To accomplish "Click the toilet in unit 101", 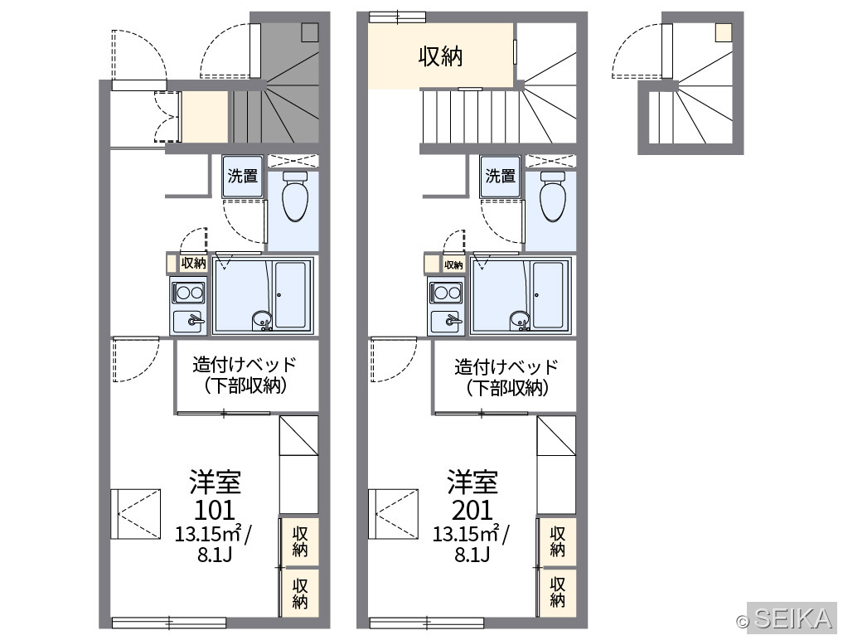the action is coord(294,196).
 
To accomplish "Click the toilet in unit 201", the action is coord(552,196).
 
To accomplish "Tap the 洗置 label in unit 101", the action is coord(243,176).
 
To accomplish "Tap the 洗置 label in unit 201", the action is coord(501,176).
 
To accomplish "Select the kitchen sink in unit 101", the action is coord(187,321).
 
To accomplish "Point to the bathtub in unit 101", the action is coord(291,294).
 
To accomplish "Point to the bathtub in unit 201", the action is coord(549,294).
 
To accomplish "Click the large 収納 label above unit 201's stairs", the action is coord(440,56).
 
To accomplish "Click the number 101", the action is coord(214,509).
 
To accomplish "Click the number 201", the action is coord(472,509).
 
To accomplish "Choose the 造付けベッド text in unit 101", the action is coord(245,365).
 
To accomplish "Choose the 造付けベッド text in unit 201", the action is coord(506,366).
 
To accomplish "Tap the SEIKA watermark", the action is coord(792,618).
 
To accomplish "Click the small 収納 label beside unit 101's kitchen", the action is coord(193,263).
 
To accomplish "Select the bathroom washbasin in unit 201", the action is coord(520,319).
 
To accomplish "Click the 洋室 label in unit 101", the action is coord(215,482).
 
